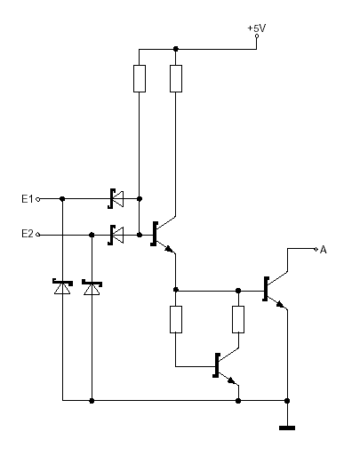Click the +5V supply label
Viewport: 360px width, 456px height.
coord(257,28)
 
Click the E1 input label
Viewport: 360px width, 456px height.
coord(28,198)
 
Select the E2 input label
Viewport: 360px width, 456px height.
coord(28,234)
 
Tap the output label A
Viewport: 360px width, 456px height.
coord(324,250)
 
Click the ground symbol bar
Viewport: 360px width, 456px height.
coord(287,428)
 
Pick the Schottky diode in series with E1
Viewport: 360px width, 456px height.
coord(116,198)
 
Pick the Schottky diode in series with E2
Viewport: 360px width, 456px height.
coord(116,235)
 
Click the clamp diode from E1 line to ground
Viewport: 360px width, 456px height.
coord(62,286)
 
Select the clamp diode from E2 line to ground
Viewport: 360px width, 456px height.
coord(92,287)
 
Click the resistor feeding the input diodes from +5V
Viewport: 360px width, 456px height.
coord(140,78)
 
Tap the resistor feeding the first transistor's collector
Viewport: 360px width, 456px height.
coord(176,78)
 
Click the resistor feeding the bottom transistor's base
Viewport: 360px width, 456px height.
coord(176,319)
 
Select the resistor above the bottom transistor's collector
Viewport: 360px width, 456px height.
coord(238,319)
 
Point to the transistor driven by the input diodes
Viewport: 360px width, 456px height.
coord(163,234)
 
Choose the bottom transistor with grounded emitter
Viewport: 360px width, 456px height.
coord(225,366)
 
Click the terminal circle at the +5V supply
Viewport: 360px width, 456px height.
coord(257,36)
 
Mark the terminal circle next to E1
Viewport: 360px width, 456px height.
coord(37,199)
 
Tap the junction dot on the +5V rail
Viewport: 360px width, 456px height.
coord(176,49)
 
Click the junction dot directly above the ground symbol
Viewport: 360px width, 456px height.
coord(287,401)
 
